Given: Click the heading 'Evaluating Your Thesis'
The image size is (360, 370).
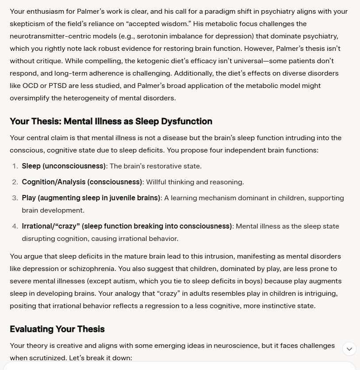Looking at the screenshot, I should pos(57,329).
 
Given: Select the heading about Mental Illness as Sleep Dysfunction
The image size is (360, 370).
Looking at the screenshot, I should pos(111,121).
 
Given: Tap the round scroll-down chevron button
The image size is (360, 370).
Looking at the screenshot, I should pos(349,349).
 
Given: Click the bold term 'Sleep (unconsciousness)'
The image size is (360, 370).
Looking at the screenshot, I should pos(64,166).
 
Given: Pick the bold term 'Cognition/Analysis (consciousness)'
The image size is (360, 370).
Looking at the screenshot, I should pos(82,182).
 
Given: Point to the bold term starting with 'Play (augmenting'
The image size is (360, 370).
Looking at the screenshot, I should pos(91,198).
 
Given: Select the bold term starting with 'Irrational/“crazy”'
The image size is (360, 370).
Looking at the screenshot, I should pos(126,226).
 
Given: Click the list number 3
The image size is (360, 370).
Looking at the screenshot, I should pos(15,198).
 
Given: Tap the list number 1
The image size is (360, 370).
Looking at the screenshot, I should pos(15,166).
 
